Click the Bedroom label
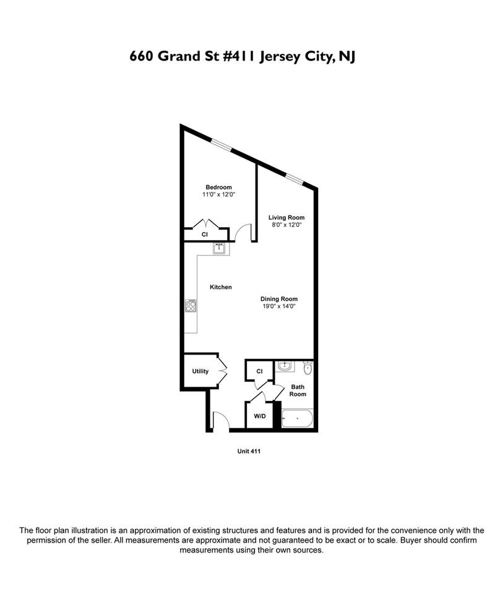[218, 187]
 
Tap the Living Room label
[286, 218]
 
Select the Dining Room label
[274, 299]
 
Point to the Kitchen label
[220, 287]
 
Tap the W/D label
[259, 416]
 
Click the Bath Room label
[298, 390]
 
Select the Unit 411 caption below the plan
[249, 451]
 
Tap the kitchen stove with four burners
[191, 306]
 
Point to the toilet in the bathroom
[308, 369]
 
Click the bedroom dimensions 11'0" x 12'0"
[218, 195]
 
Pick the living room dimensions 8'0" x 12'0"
[286, 225]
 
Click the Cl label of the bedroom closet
[204, 235]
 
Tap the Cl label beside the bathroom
[260, 371]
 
